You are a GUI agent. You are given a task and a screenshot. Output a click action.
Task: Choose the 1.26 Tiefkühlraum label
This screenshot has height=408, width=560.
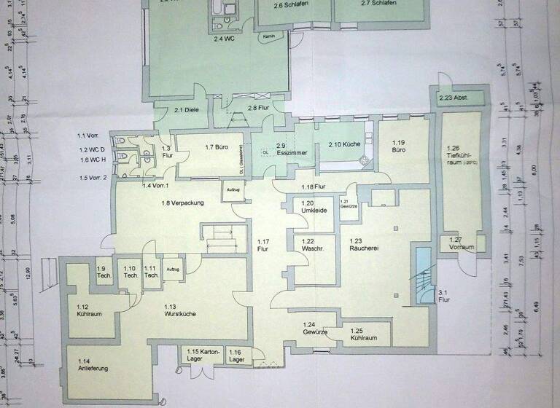point(462,155)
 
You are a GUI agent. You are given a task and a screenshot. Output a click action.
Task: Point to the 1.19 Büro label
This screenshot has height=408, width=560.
point(398,146)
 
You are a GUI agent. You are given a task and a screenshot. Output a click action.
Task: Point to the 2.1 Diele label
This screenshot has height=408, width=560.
point(187,110)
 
